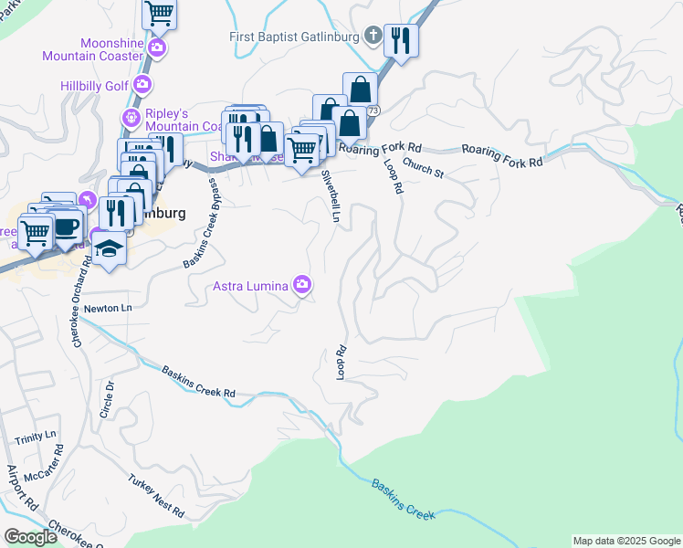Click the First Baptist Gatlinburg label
295,37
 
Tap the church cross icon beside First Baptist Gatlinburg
373,37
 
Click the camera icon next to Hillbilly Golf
143,85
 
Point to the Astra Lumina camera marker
302,286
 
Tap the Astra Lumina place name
250,286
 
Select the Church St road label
423,169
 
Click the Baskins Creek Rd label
199,383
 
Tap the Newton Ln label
108,309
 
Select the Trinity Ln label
35,438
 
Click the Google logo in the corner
30,537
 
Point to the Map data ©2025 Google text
625,541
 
